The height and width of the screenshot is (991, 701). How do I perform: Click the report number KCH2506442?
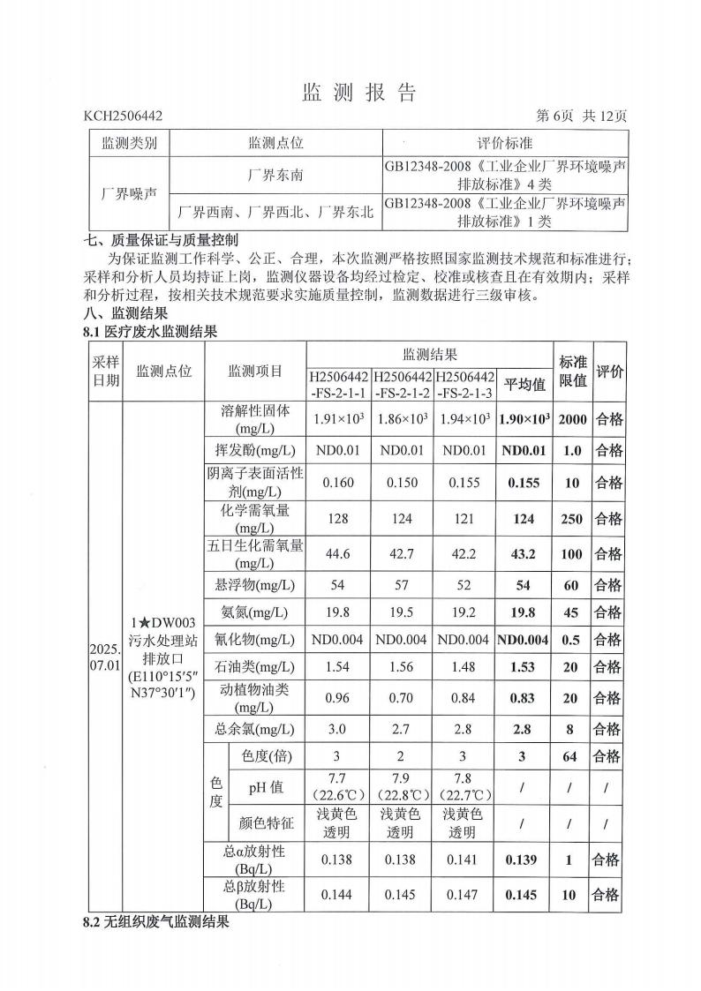coord(124,116)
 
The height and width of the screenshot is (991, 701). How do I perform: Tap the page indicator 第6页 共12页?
coord(582,116)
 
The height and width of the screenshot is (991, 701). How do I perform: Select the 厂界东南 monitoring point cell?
coord(275,175)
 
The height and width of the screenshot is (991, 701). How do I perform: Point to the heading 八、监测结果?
coord(125,312)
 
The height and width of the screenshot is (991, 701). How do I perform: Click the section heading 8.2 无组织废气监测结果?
coord(156,922)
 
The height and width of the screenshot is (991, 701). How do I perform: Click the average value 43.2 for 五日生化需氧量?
coord(524,554)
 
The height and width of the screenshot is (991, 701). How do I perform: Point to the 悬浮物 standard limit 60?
coord(570,585)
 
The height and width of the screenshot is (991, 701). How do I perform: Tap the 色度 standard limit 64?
coord(569,756)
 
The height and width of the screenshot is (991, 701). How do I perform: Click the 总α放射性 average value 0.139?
coord(524,860)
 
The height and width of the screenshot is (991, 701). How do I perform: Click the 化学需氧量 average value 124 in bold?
coord(524,519)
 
